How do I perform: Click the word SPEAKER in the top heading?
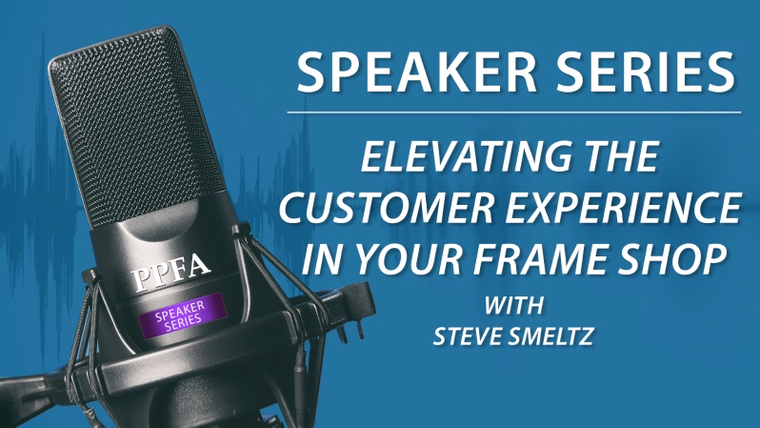pyautogui.click(x=416, y=71)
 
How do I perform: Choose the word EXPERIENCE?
pyautogui.click(x=625, y=208)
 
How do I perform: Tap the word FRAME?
pyautogui.click(x=534, y=258)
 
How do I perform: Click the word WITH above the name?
pyautogui.click(x=513, y=306)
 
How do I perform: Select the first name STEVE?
pyautogui.click(x=466, y=336)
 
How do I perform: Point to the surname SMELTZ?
pyautogui.click(x=551, y=336)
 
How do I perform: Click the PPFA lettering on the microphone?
pyautogui.click(x=170, y=273)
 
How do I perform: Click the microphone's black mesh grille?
pyautogui.click(x=136, y=127)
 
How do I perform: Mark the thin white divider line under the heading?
pyautogui.click(x=513, y=112)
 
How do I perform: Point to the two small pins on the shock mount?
pyautogui.click(x=352, y=330)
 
